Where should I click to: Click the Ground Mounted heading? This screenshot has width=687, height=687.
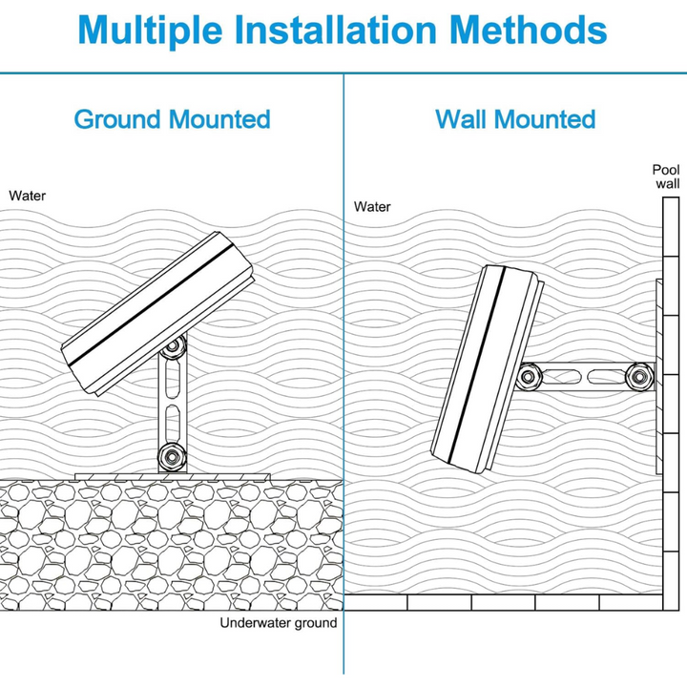[172, 120]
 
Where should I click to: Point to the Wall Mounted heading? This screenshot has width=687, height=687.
[515, 120]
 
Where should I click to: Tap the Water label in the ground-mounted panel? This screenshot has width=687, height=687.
[28, 196]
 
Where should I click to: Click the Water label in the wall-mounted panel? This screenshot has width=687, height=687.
[372, 206]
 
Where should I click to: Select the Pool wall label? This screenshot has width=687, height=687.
[667, 177]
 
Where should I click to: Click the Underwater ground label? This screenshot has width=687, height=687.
[279, 623]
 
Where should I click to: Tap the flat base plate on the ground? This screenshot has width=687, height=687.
[172, 474]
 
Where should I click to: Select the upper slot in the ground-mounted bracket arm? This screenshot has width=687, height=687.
[172, 383]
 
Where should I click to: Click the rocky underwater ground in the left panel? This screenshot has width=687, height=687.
[172, 544]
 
